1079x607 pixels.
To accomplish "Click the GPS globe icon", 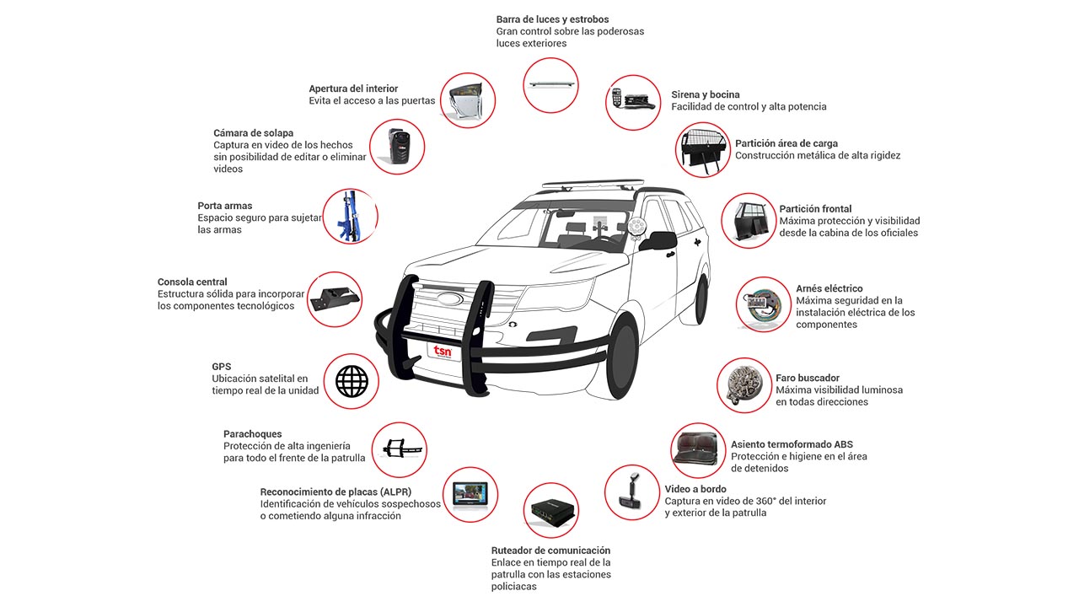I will click(x=352, y=381).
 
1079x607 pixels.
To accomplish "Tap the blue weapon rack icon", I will click(x=349, y=217).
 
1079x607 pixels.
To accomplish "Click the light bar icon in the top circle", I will click(x=551, y=85).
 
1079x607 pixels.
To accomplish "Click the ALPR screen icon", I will click(x=470, y=494).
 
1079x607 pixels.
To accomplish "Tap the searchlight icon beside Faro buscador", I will click(x=743, y=384).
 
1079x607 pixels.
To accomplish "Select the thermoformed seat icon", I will click(x=697, y=450).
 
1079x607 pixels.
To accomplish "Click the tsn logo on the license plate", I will click(x=443, y=350).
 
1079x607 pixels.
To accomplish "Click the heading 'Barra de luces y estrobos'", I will click(x=552, y=19).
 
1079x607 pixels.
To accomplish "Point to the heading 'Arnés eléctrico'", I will click(x=829, y=288).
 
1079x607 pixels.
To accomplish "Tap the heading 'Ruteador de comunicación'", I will click(x=550, y=551).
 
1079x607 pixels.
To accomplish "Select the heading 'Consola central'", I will click(x=192, y=282).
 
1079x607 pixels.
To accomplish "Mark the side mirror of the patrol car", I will click(x=658, y=241).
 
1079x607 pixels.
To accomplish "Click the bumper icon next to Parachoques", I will click(x=399, y=449).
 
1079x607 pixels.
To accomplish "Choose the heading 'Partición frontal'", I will click(x=815, y=208).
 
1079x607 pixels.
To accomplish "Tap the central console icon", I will click(x=335, y=298).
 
